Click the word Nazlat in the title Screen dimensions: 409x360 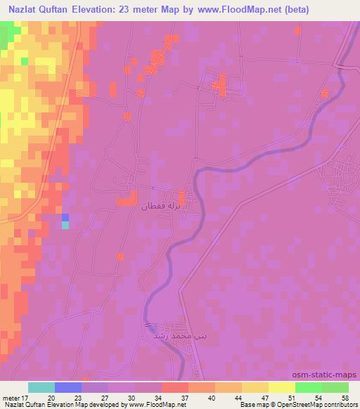click(x=27, y=9)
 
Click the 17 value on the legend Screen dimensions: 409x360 click(x=27, y=398)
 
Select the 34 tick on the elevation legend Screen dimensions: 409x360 click(x=162, y=398)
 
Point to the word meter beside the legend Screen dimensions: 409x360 click(x=11, y=398)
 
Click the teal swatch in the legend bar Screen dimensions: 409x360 click(x=41, y=387)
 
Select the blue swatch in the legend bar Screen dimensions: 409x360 click(x=68, y=387)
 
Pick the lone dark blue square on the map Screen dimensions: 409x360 click(x=65, y=217)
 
